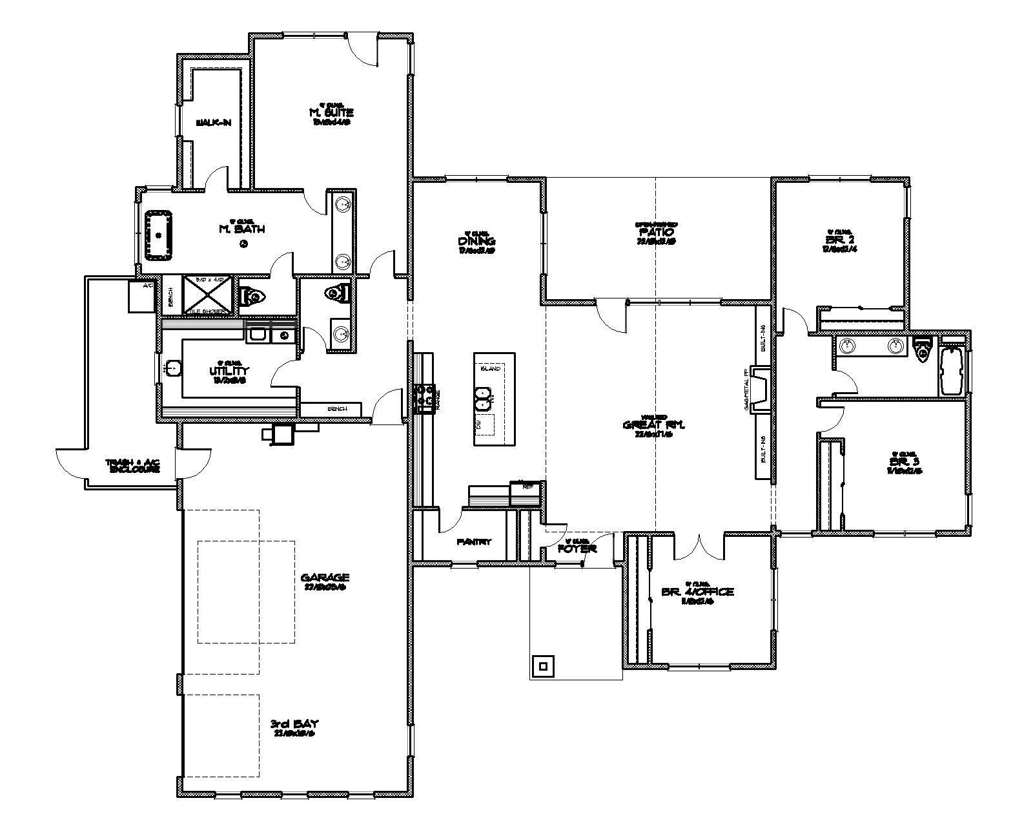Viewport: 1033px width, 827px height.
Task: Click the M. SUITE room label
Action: (332, 112)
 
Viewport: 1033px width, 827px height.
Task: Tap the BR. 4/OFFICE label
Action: (697, 592)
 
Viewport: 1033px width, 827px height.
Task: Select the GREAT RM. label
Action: (653, 425)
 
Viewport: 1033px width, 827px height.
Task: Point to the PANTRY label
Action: (474, 541)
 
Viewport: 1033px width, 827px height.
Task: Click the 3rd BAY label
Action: (294, 724)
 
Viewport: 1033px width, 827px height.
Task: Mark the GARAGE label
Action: (325, 578)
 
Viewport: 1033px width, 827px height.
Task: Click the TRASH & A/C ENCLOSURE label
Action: (134, 466)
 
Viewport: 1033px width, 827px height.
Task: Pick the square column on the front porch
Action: (542, 666)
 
